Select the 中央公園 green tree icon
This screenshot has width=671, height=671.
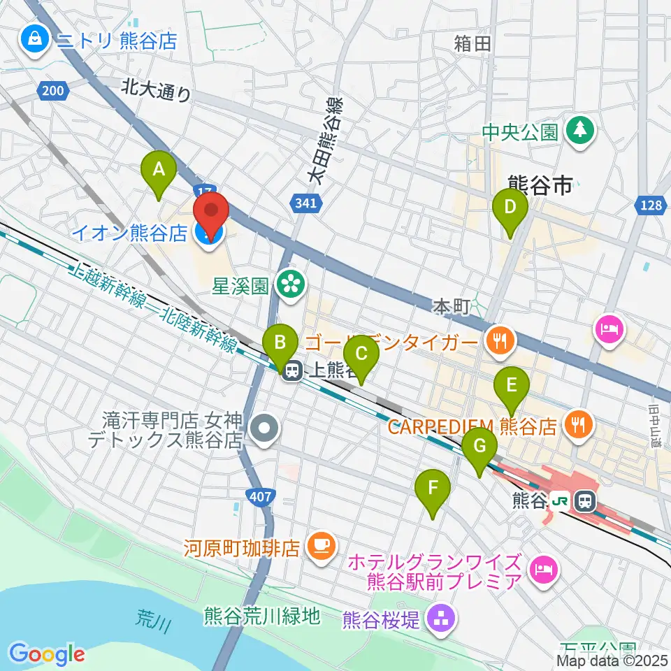(579, 131)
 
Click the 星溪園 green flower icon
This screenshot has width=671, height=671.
(287, 284)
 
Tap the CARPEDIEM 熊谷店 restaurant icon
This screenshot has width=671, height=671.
(579, 425)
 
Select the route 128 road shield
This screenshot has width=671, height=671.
(650, 204)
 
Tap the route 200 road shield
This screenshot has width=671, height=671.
(52, 89)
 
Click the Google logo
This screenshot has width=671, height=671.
(47, 654)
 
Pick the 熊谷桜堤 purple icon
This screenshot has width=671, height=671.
(440, 617)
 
